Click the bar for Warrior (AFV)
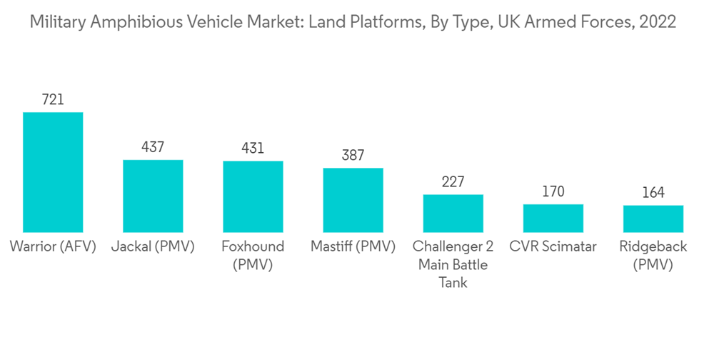pyautogui.click(x=53, y=172)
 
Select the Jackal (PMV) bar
pyautogui.click(x=153, y=196)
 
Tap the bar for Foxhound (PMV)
pyautogui.click(x=253, y=196)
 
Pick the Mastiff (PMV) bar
pyautogui.click(x=353, y=200)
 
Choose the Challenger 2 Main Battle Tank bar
pyautogui.click(x=453, y=214)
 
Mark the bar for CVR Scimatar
pyautogui.click(x=553, y=218)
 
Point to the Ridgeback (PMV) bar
pyautogui.click(x=653, y=219)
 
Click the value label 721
pyautogui.click(x=53, y=100)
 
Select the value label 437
pyautogui.click(x=153, y=148)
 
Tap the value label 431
pyautogui.click(x=253, y=149)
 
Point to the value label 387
pyautogui.click(x=353, y=156)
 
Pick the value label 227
pyautogui.click(x=453, y=182)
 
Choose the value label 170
pyautogui.click(x=553, y=191)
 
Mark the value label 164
pyautogui.click(x=653, y=193)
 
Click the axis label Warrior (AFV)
pyautogui.click(x=53, y=247)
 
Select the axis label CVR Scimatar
pyautogui.click(x=553, y=247)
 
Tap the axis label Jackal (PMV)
pyautogui.click(x=153, y=247)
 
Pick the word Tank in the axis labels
pyautogui.click(x=453, y=283)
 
